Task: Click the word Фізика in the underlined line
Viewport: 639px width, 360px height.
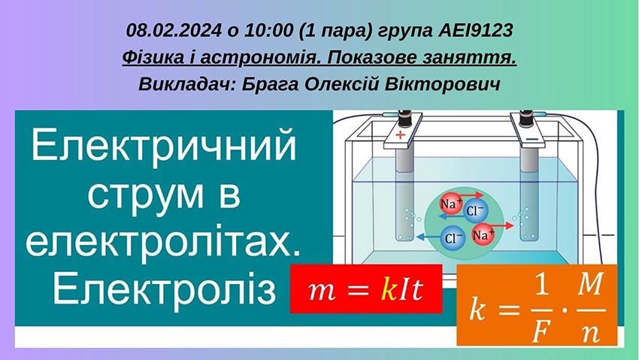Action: tap(149, 57)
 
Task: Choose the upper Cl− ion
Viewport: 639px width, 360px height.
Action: tap(477, 211)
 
